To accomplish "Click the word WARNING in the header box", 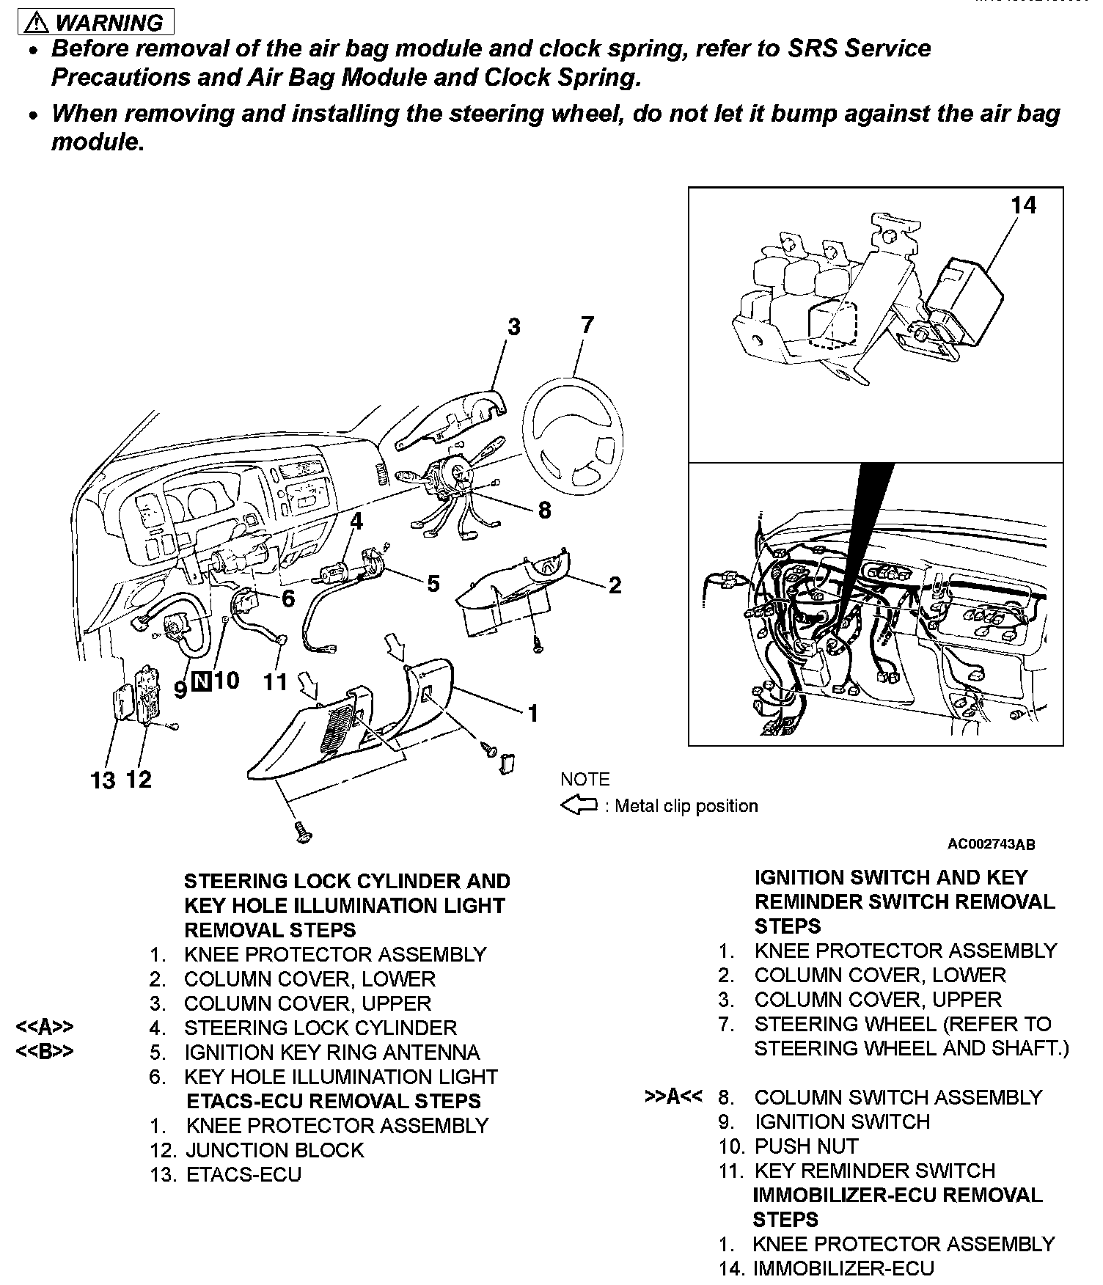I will (109, 23).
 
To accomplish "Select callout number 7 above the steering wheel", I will (587, 325).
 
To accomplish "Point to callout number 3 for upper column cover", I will (513, 326).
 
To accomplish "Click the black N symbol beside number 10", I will (201, 682).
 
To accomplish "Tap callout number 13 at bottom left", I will (103, 780).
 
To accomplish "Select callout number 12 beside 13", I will (139, 779).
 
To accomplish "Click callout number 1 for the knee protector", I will (533, 713).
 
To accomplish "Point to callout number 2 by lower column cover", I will (615, 585).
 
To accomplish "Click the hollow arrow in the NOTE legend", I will (579, 806).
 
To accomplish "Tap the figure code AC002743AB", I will (991, 845).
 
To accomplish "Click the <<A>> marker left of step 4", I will (45, 1028).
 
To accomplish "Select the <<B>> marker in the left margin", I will (45, 1052).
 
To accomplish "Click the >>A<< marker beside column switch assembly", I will (673, 1097).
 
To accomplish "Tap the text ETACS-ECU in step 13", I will (243, 1174).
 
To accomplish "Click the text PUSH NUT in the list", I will (806, 1146).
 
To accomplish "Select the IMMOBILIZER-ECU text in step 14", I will (843, 1268).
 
